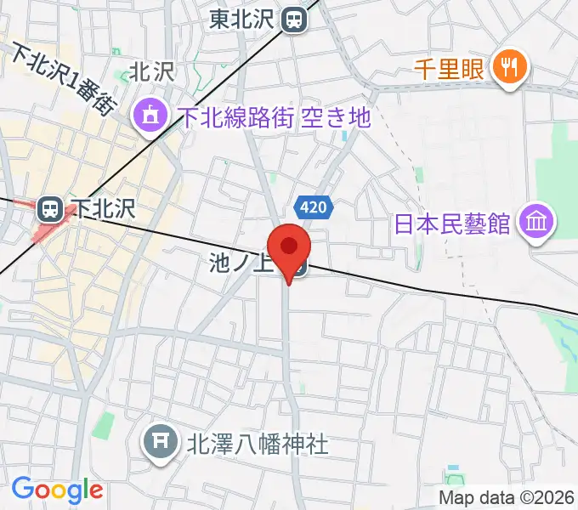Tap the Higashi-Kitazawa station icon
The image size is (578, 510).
point(295,18)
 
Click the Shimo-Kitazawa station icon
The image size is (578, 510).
point(50,208)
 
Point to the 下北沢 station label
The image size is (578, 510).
point(103,208)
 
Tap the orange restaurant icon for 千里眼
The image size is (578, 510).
point(508,67)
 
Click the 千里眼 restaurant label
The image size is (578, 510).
point(450,68)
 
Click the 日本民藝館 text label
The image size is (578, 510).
point(452,224)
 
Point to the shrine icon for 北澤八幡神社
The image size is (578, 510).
point(160,441)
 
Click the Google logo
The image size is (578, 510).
point(57,490)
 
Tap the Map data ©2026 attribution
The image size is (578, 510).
point(507,496)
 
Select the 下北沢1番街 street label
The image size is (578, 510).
point(61,80)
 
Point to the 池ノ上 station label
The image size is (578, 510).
point(239,264)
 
